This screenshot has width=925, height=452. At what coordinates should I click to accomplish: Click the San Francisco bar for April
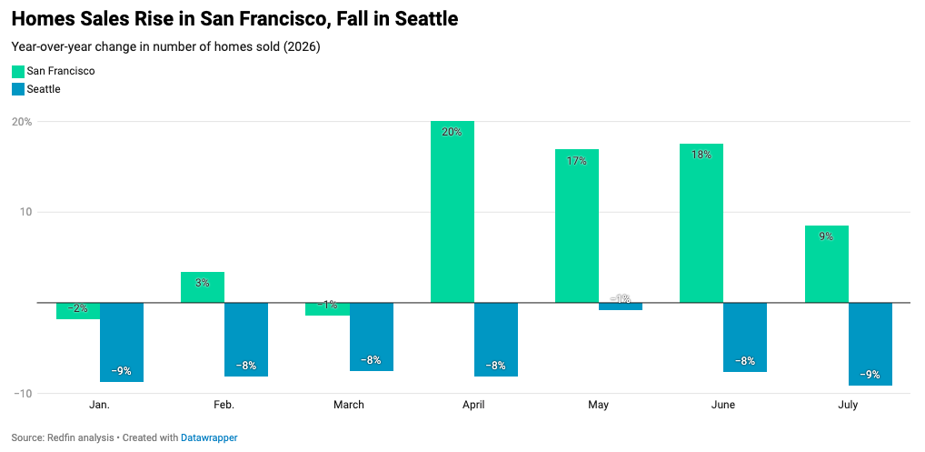pos(453,212)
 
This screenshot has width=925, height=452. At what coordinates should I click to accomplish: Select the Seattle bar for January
pos(122,342)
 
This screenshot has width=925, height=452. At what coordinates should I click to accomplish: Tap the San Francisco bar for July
pos(827,265)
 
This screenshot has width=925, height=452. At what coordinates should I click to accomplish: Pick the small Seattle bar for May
pos(621,306)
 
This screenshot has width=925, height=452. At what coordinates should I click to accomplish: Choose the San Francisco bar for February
pos(203,287)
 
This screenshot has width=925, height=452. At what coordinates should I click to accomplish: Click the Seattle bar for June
pos(745,336)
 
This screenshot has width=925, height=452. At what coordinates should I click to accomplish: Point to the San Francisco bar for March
pos(327,309)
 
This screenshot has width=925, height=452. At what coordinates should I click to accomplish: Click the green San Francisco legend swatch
pos(17,72)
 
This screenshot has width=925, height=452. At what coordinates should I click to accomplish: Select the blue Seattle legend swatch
pos(17,90)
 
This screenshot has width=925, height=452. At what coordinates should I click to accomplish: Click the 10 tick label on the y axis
pos(26,212)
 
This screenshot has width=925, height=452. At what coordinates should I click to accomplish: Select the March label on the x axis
pos(349,405)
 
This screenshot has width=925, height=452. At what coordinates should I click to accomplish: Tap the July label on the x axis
pos(848,405)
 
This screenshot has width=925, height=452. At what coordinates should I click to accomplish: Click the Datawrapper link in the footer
pos(209,437)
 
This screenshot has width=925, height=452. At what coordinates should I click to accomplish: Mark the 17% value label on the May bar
pos(577,160)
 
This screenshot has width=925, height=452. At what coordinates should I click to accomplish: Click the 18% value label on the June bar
pos(701,155)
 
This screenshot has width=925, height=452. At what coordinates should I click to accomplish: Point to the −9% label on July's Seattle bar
pos(870,374)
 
